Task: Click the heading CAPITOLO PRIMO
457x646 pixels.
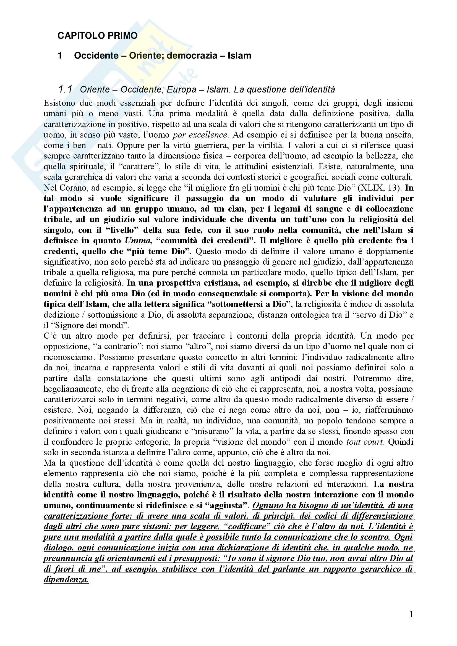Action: [97, 36]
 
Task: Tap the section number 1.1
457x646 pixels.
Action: [65, 89]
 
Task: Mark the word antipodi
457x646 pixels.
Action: [286, 378]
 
